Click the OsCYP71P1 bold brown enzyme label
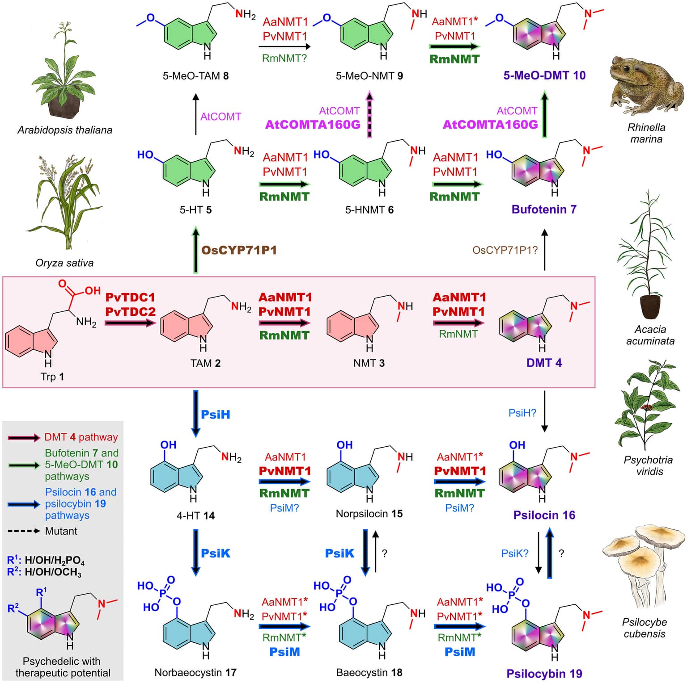(x=239, y=250)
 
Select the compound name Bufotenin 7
(x=544, y=209)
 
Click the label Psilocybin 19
(x=544, y=674)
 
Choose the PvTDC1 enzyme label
(x=130, y=297)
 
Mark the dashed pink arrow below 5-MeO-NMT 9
(x=369, y=114)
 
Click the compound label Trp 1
(x=52, y=377)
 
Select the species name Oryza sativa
(x=64, y=263)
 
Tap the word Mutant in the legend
(x=61, y=531)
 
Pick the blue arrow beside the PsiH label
(x=196, y=413)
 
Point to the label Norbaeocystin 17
(x=195, y=672)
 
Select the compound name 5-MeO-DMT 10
(x=544, y=75)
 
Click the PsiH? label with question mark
(x=522, y=413)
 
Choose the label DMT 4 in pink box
(x=544, y=363)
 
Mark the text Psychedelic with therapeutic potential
(x=62, y=667)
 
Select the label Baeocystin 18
(x=369, y=672)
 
